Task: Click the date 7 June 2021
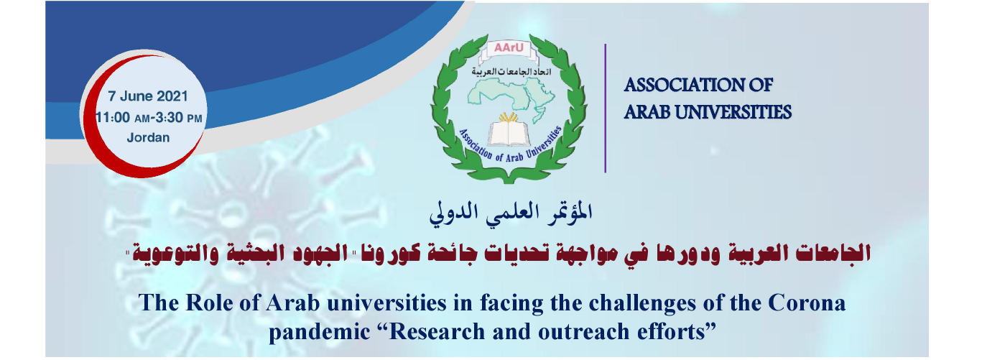point(148,96)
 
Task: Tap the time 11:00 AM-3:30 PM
point(149,116)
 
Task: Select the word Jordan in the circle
point(148,137)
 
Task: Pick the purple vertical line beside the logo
point(605,108)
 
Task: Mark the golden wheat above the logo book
point(509,117)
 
